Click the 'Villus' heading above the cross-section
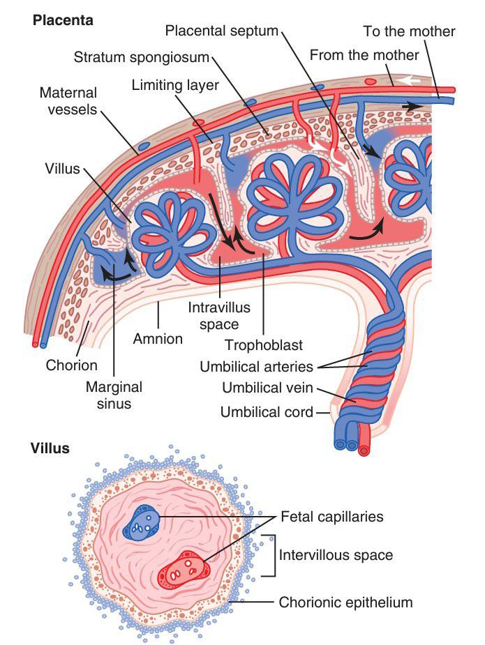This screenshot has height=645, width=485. pyautogui.click(x=50, y=448)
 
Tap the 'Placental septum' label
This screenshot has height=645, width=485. pyautogui.click(x=221, y=31)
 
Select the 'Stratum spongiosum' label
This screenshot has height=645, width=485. pyautogui.click(x=142, y=55)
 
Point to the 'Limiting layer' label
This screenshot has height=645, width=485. pyautogui.click(x=174, y=86)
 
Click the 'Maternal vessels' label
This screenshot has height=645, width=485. pyautogui.click(x=68, y=101)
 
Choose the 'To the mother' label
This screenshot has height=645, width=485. pyautogui.click(x=409, y=31)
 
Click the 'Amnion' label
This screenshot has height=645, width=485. pyautogui.click(x=158, y=339)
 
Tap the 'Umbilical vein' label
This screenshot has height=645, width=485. pyautogui.click(x=267, y=388)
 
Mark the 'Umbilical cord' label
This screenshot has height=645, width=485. pyautogui.click(x=267, y=412)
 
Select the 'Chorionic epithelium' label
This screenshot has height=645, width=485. pyautogui.click(x=346, y=602)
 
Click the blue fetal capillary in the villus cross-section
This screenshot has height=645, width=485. pyautogui.click(x=143, y=522)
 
